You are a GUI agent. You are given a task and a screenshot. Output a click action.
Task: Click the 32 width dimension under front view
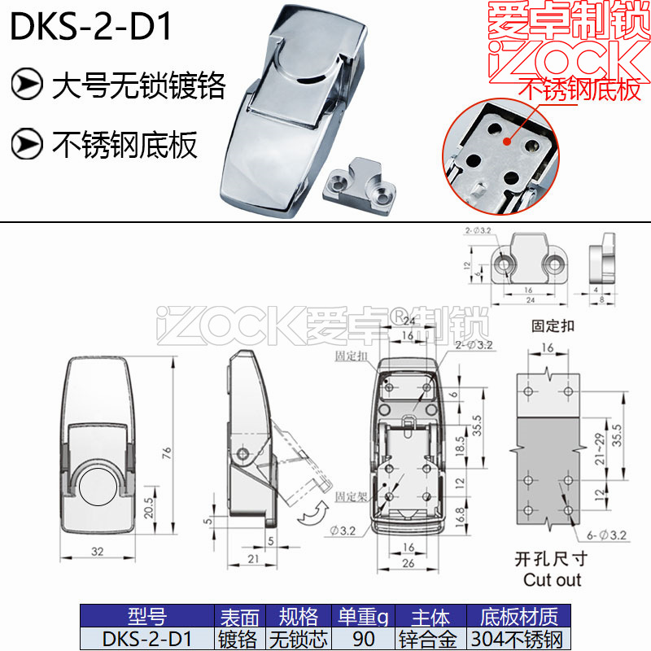pos(97,552)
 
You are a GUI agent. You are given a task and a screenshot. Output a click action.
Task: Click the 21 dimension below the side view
pos(253,558)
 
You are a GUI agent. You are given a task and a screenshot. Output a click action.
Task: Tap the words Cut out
pos(553,580)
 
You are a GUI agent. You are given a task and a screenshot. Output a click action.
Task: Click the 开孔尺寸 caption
pos(551,559)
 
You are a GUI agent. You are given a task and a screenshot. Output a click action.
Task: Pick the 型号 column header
pos(147,617)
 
